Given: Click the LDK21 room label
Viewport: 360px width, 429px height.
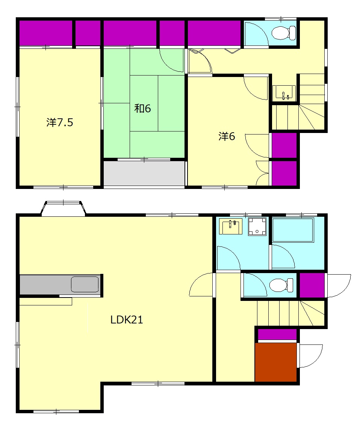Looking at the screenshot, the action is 127,320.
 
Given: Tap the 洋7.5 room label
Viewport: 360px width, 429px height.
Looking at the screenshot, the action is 60,122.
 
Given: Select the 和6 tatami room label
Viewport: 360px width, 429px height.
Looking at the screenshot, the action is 142,109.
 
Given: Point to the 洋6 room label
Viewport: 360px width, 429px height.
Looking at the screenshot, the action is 227,136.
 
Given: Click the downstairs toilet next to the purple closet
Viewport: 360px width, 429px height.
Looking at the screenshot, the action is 281,285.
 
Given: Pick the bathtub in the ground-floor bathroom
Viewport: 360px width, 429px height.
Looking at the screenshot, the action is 293,230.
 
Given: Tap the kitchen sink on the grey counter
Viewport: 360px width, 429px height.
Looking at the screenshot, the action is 85,284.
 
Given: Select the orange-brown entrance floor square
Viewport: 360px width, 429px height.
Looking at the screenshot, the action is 276,362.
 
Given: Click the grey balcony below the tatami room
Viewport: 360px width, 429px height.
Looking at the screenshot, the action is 144,173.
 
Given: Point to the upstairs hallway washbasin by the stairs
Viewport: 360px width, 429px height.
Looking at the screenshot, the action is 284,93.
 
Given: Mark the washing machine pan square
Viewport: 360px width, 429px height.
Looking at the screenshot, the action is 257,227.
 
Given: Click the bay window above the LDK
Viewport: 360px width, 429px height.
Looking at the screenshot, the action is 64,208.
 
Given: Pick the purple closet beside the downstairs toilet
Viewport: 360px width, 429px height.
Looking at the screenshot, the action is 312,285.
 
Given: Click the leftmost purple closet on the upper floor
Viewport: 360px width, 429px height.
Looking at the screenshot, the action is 46,33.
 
